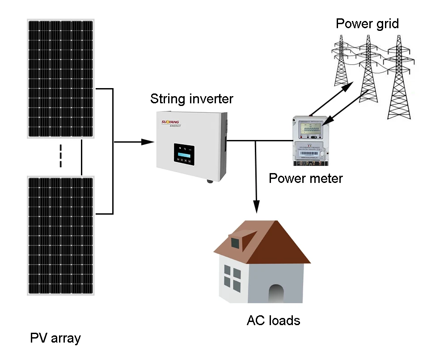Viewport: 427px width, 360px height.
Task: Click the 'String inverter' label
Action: (191, 98)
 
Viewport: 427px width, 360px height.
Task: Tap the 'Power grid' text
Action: (367, 23)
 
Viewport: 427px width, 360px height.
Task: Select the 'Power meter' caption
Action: (305, 178)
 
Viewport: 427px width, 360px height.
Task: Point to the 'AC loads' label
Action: (273, 320)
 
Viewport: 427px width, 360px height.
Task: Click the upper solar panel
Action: (60, 78)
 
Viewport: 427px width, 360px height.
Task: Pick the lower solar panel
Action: (60, 235)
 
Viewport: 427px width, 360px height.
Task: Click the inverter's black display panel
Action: (185, 155)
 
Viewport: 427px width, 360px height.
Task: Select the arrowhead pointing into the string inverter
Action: (148, 142)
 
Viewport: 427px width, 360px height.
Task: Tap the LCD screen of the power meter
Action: (311, 130)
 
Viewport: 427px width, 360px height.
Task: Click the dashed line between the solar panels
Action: (61, 156)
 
